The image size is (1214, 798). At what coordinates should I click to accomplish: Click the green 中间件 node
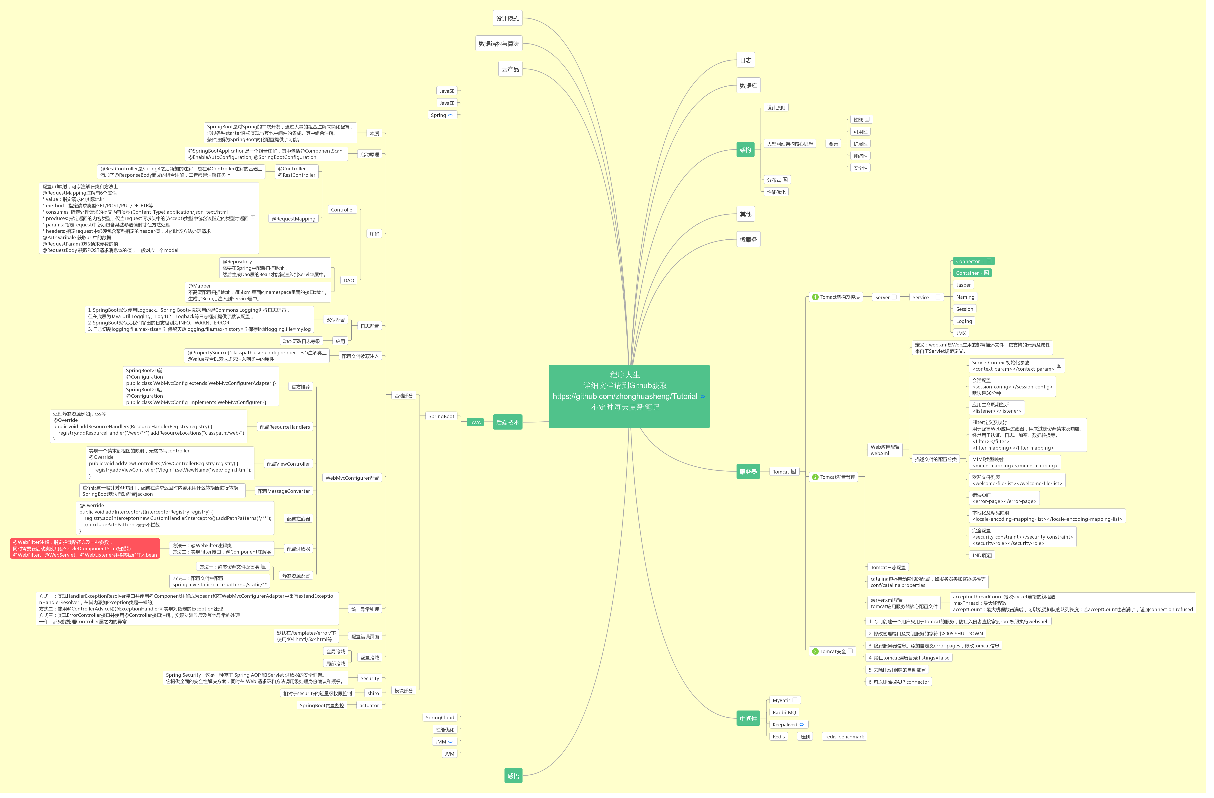pyautogui.click(x=748, y=718)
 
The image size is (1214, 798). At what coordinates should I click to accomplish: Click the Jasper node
pyautogui.click(x=963, y=285)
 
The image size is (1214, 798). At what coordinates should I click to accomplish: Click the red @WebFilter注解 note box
pyautogui.click(x=85, y=548)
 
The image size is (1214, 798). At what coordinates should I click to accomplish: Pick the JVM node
pyautogui.click(x=449, y=754)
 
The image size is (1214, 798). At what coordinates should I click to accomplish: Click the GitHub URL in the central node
pyautogui.click(x=625, y=396)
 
